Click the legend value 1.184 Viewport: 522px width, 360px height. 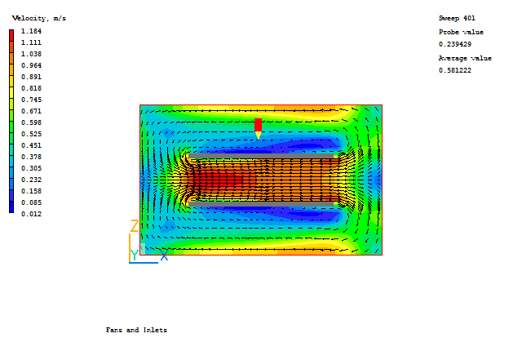point(31,31)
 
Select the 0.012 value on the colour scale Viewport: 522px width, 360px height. point(31,214)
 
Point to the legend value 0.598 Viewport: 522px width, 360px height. point(31,122)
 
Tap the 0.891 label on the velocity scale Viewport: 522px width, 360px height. point(31,77)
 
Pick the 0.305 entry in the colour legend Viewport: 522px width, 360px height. point(31,168)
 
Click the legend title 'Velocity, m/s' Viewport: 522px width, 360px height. point(39,19)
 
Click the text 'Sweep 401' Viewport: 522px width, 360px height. point(457,18)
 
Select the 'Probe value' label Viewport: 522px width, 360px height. point(461,33)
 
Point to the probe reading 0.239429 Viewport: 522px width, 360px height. point(455,44)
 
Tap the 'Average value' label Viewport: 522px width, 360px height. point(465,58)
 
